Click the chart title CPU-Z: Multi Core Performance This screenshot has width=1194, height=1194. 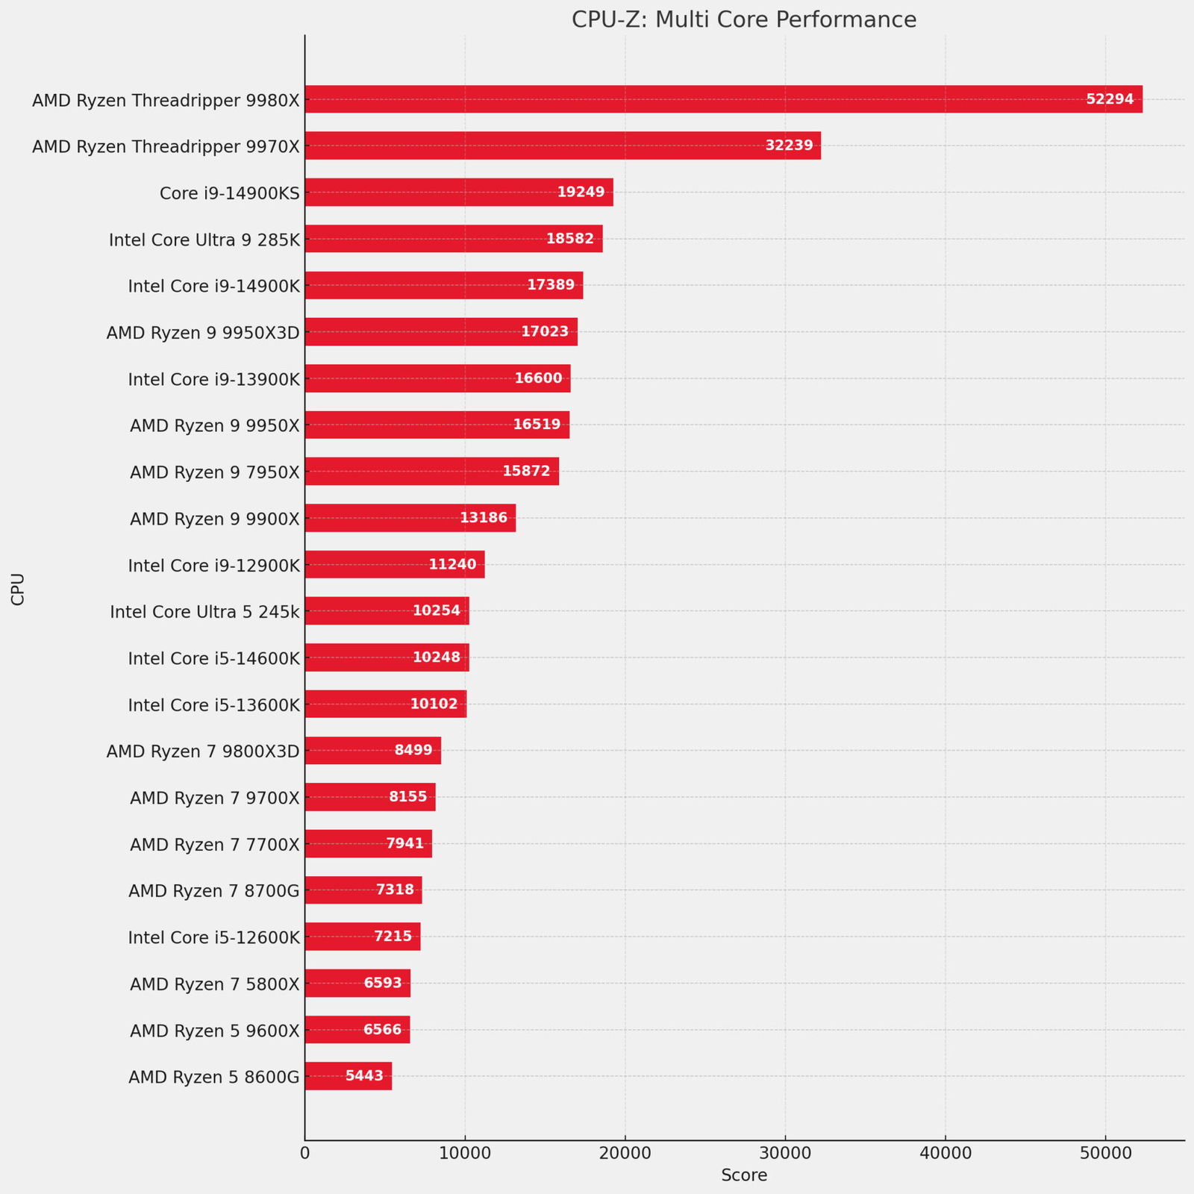coord(744,19)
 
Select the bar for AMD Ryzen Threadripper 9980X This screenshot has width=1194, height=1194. coord(723,99)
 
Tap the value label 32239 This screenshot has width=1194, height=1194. coord(789,146)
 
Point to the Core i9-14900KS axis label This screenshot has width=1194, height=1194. coord(230,194)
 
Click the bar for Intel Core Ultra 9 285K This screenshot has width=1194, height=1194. coord(453,239)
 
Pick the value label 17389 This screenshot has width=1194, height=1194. coord(551,285)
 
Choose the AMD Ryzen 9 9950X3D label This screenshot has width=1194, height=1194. coord(203,332)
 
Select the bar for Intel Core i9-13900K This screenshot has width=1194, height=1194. coord(437,378)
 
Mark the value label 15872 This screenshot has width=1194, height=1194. coord(526,471)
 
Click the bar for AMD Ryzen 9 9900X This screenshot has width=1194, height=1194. coord(410,518)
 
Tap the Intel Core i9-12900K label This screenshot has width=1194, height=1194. coord(214,566)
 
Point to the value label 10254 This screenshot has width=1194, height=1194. coord(437,610)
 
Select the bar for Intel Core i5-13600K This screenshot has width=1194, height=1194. coord(385,704)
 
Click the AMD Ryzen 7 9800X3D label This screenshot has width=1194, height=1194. coord(203,751)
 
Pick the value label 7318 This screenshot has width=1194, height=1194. coord(396,890)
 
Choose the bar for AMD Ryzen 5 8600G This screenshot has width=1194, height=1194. coord(348,1076)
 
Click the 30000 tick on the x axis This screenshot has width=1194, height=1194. coord(785,1153)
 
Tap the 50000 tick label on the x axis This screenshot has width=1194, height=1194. coord(1105,1153)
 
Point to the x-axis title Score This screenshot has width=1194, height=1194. coord(744,1176)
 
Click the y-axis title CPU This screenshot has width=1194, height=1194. coord(18,589)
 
